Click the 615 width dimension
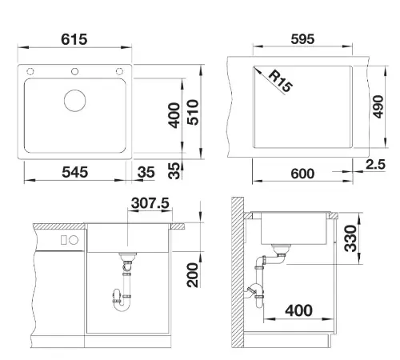click(x=74, y=39)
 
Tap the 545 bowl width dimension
click(x=74, y=172)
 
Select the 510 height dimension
click(x=193, y=112)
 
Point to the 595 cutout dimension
click(x=302, y=39)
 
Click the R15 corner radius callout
click(x=280, y=81)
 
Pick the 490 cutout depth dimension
click(x=378, y=106)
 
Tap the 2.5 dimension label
click(x=375, y=164)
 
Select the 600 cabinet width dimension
click(x=302, y=174)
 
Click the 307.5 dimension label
click(x=150, y=203)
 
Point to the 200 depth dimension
click(x=193, y=275)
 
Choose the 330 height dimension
click(x=350, y=238)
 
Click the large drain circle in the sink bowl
click(x=75, y=101)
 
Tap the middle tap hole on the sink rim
click(x=75, y=71)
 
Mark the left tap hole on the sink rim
click(x=30, y=71)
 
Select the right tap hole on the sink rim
click(x=119, y=71)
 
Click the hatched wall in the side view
click(x=238, y=272)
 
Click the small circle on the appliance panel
click(x=74, y=240)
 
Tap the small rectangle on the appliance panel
click(x=63, y=240)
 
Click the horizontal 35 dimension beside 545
click(x=146, y=172)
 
